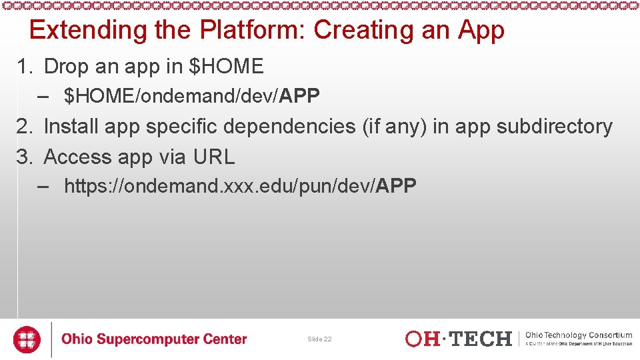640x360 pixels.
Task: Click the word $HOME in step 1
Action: [x=227, y=67]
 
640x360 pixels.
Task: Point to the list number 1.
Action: [x=24, y=67]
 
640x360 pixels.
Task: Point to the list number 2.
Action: [x=24, y=126]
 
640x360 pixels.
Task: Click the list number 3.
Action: [x=24, y=157]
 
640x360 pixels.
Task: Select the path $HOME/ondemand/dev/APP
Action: [x=192, y=97]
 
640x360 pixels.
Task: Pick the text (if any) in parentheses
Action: [x=395, y=126]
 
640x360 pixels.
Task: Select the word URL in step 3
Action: [x=214, y=157]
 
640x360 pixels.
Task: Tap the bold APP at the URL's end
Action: [x=396, y=186]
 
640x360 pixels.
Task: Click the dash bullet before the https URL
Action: [x=44, y=186]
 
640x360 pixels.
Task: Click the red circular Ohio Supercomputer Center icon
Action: [x=27, y=339]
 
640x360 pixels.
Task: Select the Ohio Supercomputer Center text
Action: [x=154, y=339]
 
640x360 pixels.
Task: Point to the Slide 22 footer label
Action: [x=319, y=339]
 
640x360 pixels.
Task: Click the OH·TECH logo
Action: [x=459, y=339]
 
